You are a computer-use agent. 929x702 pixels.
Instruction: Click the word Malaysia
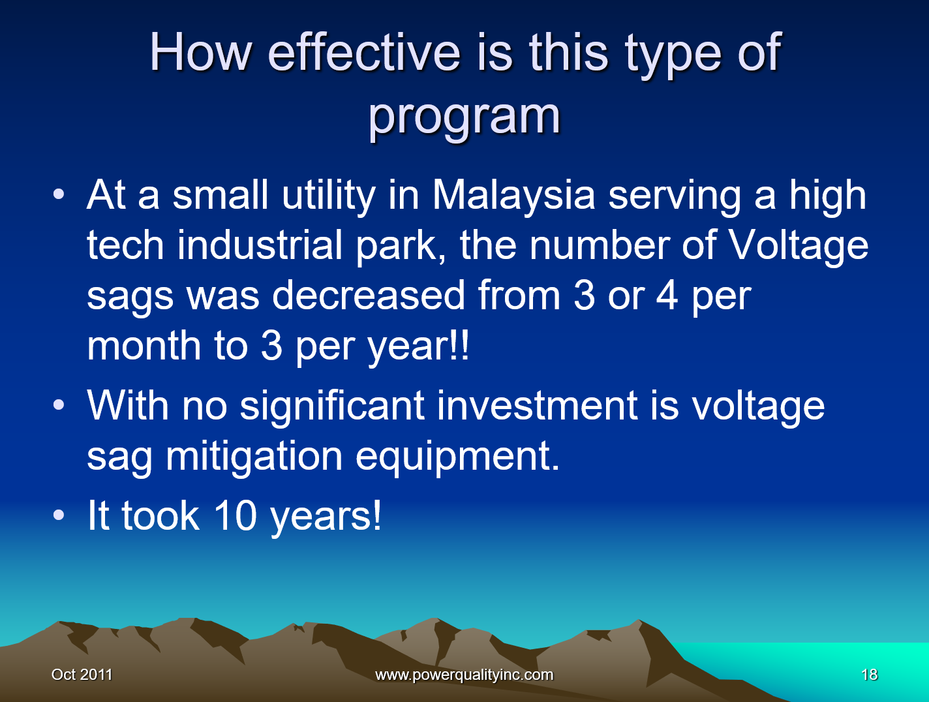(513, 196)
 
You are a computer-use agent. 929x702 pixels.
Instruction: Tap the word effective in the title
(364, 53)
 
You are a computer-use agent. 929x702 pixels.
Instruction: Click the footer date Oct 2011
(82, 675)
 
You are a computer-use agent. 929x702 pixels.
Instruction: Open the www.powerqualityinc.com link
(464, 675)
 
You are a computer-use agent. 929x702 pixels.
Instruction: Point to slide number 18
(870, 675)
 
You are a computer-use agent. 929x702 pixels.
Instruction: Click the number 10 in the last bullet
(236, 515)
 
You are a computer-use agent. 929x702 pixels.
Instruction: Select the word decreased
(369, 296)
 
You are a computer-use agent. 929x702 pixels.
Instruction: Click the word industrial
(260, 245)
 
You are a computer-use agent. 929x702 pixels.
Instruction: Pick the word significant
(332, 406)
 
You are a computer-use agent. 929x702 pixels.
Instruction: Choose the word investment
(537, 405)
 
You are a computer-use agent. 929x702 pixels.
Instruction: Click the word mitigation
(254, 456)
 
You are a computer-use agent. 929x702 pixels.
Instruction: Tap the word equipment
(457, 456)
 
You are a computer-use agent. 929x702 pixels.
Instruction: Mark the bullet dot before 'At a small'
(59, 194)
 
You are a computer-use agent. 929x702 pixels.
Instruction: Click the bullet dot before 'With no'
(59, 404)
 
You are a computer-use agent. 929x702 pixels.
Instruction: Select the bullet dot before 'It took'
(59, 515)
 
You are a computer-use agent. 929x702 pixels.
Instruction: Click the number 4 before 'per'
(667, 296)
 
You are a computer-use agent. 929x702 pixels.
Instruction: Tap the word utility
(329, 196)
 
